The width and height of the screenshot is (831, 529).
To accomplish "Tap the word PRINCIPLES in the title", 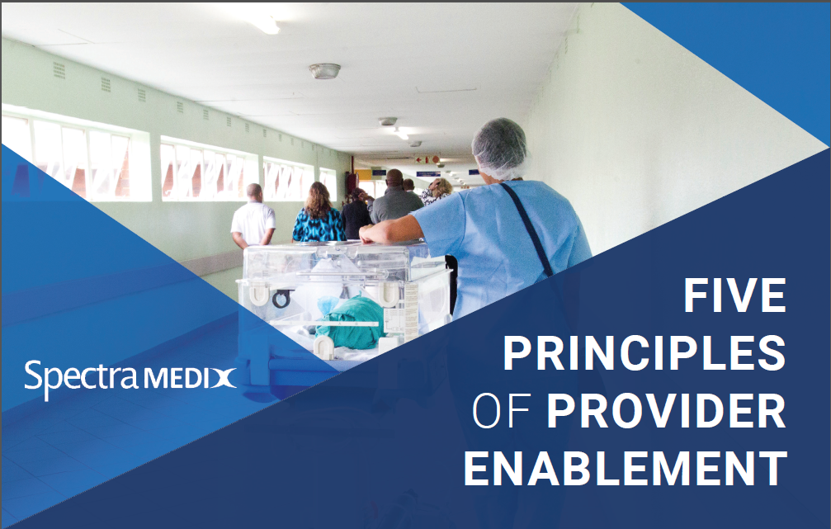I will [x=644, y=354].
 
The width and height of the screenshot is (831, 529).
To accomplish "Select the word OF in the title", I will [x=500, y=411].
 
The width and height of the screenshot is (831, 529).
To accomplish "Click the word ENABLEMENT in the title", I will [x=625, y=468].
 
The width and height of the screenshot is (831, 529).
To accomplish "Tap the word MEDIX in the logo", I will [x=191, y=379].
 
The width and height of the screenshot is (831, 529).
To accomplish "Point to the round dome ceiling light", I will [x=324, y=71].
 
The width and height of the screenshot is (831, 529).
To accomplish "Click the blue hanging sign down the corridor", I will [x=427, y=173].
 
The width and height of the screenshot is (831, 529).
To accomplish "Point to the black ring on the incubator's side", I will [x=281, y=299].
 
